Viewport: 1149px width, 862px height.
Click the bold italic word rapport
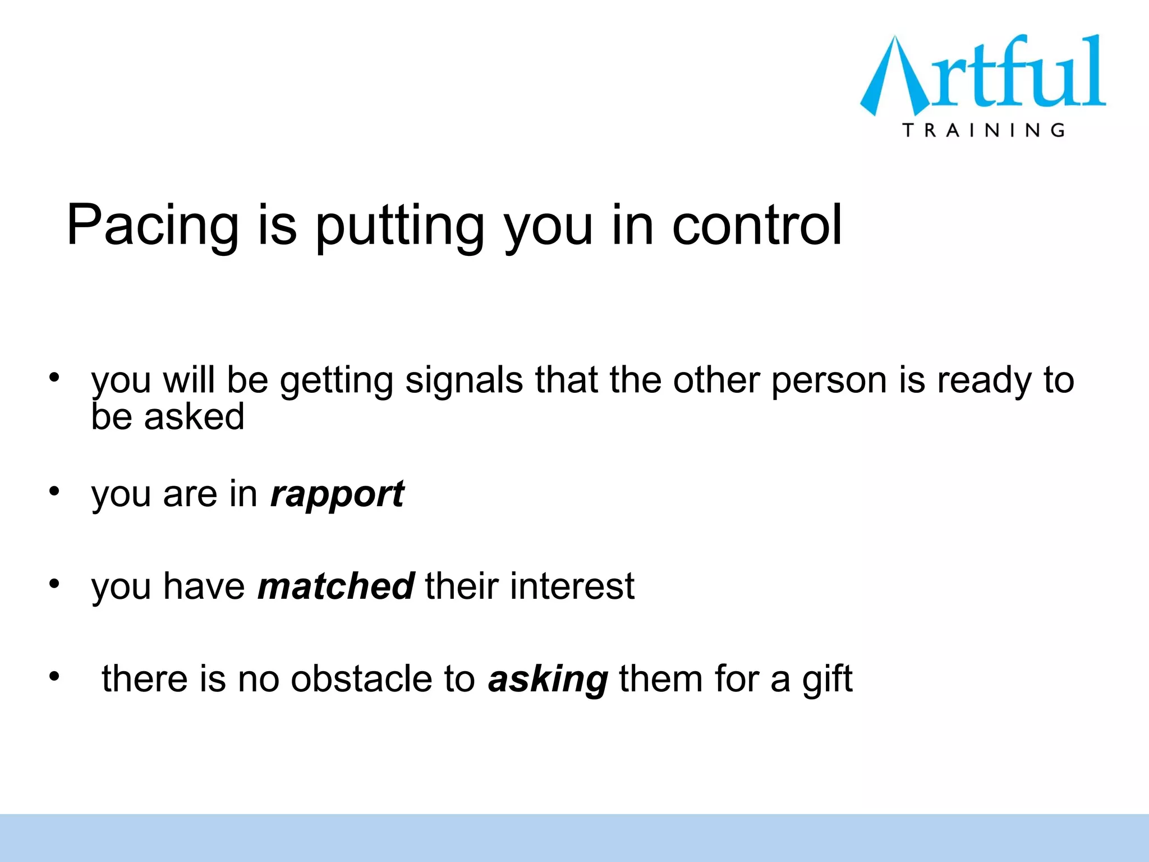[x=337, y=494]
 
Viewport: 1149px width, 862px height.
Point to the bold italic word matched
[x=335, y=586]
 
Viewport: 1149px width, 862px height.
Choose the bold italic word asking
[x=548, y=679]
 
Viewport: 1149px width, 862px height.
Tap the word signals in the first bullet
[x=464, y=380]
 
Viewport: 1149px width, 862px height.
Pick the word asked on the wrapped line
[x=194, y=417]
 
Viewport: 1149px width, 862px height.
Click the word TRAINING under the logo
[x=983, y=130]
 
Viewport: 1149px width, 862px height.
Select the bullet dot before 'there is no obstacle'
[x=54, y=676]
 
